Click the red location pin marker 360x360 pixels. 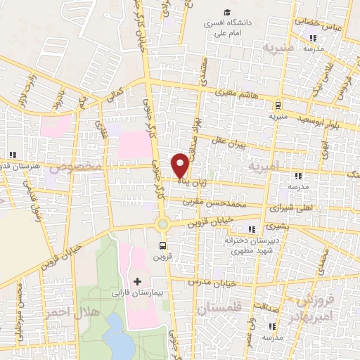(180, 164)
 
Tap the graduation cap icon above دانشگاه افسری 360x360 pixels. (227, 12)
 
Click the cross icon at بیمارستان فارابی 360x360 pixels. (137, 281)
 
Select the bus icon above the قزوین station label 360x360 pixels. (163, 245)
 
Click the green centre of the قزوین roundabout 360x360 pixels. (163, 224)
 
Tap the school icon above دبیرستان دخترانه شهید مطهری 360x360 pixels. (251, 229)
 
